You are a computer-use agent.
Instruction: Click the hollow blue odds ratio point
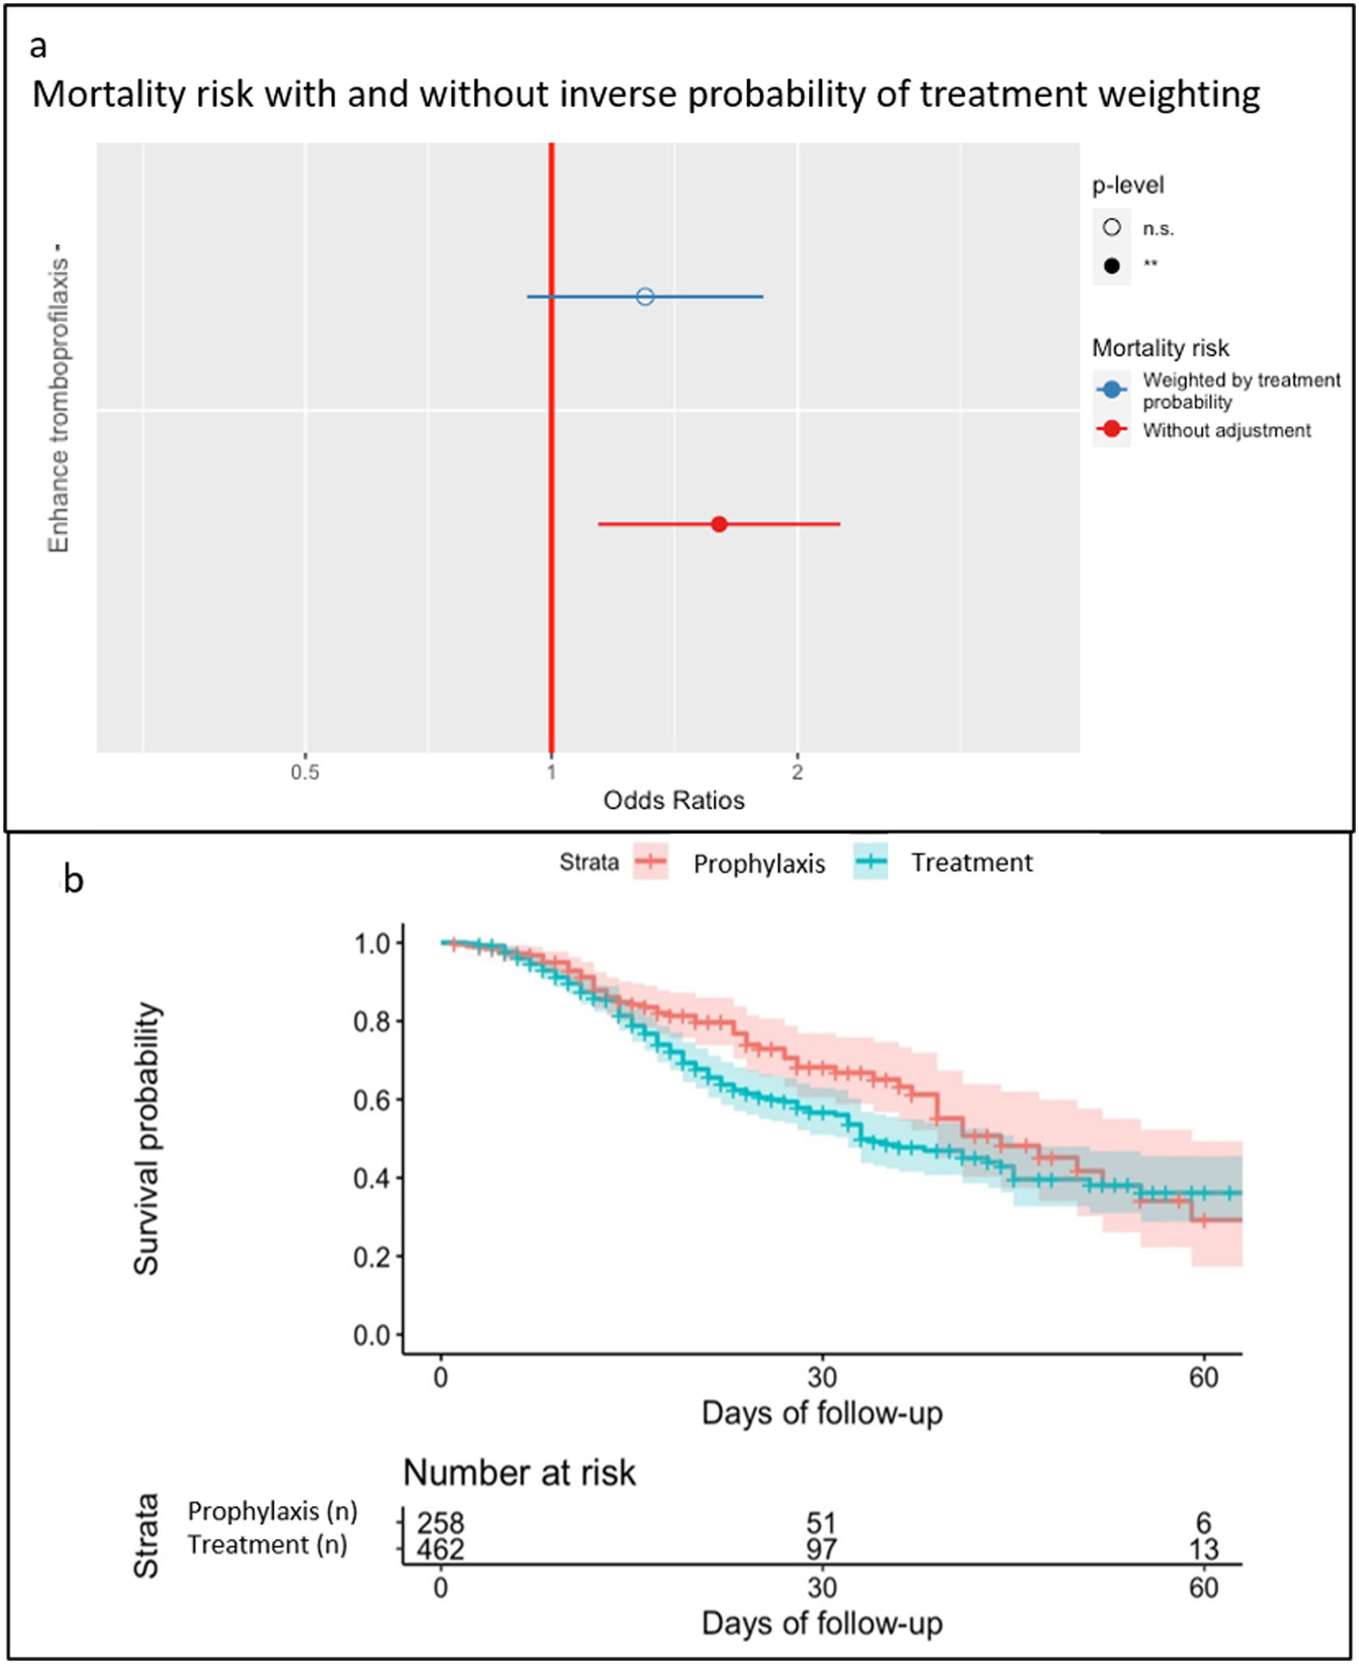tap(645, 296)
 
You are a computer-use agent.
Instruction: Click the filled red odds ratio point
tap(719, 524)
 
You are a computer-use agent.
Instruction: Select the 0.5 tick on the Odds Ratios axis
tap(305, 772)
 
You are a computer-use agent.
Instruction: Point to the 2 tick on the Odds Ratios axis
tap(798, 772)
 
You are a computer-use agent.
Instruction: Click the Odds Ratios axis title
tap(673, 801)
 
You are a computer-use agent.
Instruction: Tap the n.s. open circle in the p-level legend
tap(1112, 228)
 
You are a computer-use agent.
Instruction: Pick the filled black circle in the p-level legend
tap(1112, 265)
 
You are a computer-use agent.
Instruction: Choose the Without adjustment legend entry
tap(1226, 430)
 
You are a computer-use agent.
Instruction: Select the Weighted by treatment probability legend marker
tap(1112, 390)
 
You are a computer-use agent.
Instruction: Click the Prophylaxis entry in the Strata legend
tap(759, 864)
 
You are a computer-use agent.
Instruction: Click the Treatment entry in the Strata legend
tap(971, 862)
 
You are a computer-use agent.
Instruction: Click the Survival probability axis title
tap(147, 1139)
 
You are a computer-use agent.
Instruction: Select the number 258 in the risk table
tap(441, 1523)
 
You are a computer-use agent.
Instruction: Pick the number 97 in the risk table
tap(821, 1550)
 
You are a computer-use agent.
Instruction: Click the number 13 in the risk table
tap(1204, 1550)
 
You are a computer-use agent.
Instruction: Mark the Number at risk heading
tap(519, 1473)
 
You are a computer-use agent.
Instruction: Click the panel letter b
tap(73, 880)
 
